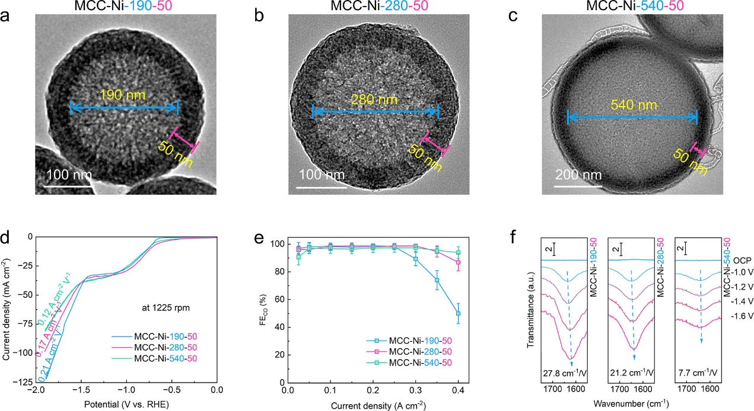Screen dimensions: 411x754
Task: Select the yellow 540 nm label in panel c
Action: [632, 105]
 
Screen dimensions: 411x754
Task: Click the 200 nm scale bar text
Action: [578, 175]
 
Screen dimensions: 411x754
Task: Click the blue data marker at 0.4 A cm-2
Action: [458, 313]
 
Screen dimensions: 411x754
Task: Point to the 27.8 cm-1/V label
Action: [570, 373]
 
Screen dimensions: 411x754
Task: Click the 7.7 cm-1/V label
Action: [702, 373]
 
